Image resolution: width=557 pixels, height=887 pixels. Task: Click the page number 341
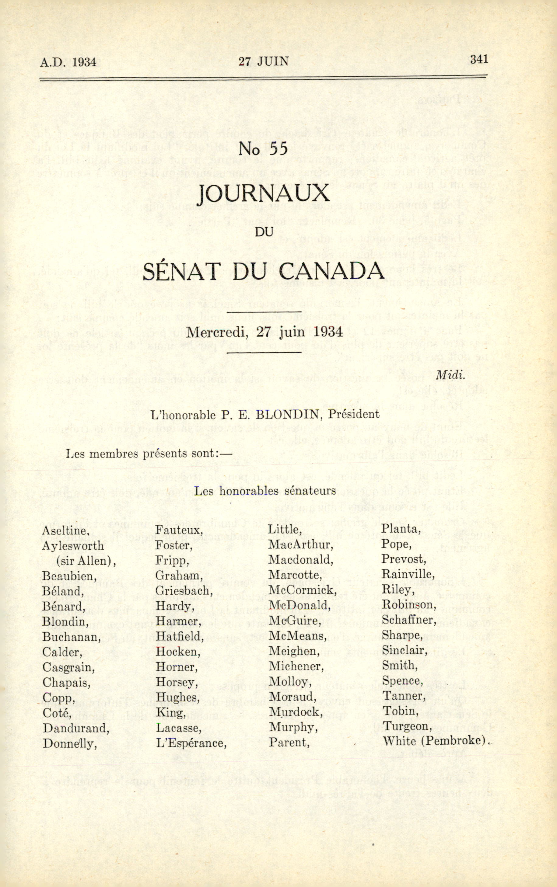pos(478,59)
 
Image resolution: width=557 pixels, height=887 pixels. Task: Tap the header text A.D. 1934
pos(68,62)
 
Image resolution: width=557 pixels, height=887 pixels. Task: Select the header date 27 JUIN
pos(263,61)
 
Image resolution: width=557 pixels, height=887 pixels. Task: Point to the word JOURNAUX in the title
pos(263,194)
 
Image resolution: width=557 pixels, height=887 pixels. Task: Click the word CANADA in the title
pos(331,272)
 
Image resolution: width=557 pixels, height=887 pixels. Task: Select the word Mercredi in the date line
pos(216,332)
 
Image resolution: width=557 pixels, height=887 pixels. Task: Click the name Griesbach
pos(184,591)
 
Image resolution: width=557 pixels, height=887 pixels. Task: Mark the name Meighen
pos(294,651)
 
